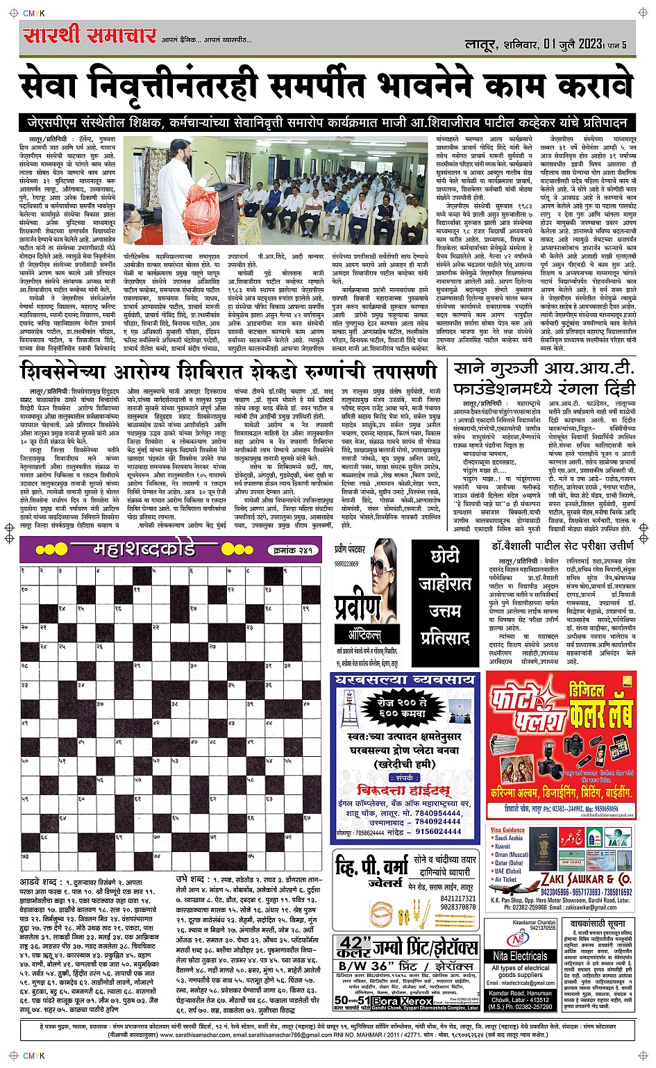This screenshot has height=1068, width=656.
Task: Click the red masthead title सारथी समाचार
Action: pyautogui.click(x=90, y=35)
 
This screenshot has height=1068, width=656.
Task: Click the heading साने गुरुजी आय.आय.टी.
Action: pyautogui.click(x=543, y=369)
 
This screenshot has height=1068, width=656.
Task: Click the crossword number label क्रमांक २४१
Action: pyautogui.click(x=291, y=551)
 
